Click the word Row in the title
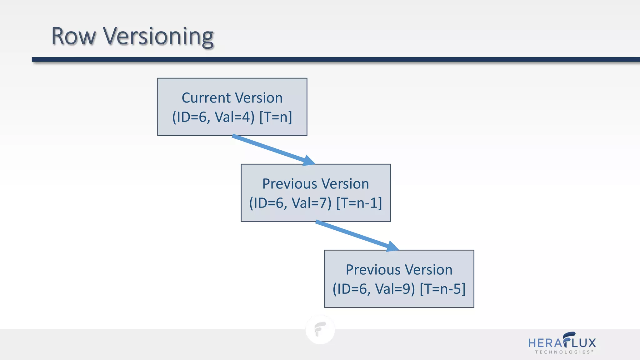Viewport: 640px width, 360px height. pyautogui.click(x=73, y=36)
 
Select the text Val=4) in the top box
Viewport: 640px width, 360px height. pyautogui.click(x=235, y=117)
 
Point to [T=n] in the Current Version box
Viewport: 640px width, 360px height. pyautogui.click(x=276, y=117)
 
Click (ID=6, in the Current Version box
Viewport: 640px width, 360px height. pyautogui.click(x=191, y=117)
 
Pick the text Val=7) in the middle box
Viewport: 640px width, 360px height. pyautogui.click(x=311, y=203)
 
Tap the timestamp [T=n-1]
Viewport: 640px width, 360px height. pyautogui.click(x=359, y=203)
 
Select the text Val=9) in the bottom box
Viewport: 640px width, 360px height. pyautogui.click(x=395, y=289)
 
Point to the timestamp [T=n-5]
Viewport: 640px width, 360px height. pyautogui.click(x=442, y=289)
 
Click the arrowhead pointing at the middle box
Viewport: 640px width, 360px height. pyautogui.click(x=309, y=161)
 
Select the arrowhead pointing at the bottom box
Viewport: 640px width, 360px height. pyautogui.click(x=392, y=247)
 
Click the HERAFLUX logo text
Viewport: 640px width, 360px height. pyautogui.click(x=562, y=342)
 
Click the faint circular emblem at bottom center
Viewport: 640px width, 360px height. pyautogui.click(x=320, y=329)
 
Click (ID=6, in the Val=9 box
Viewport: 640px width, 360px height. pyautogui.click(x=352, y=289)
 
